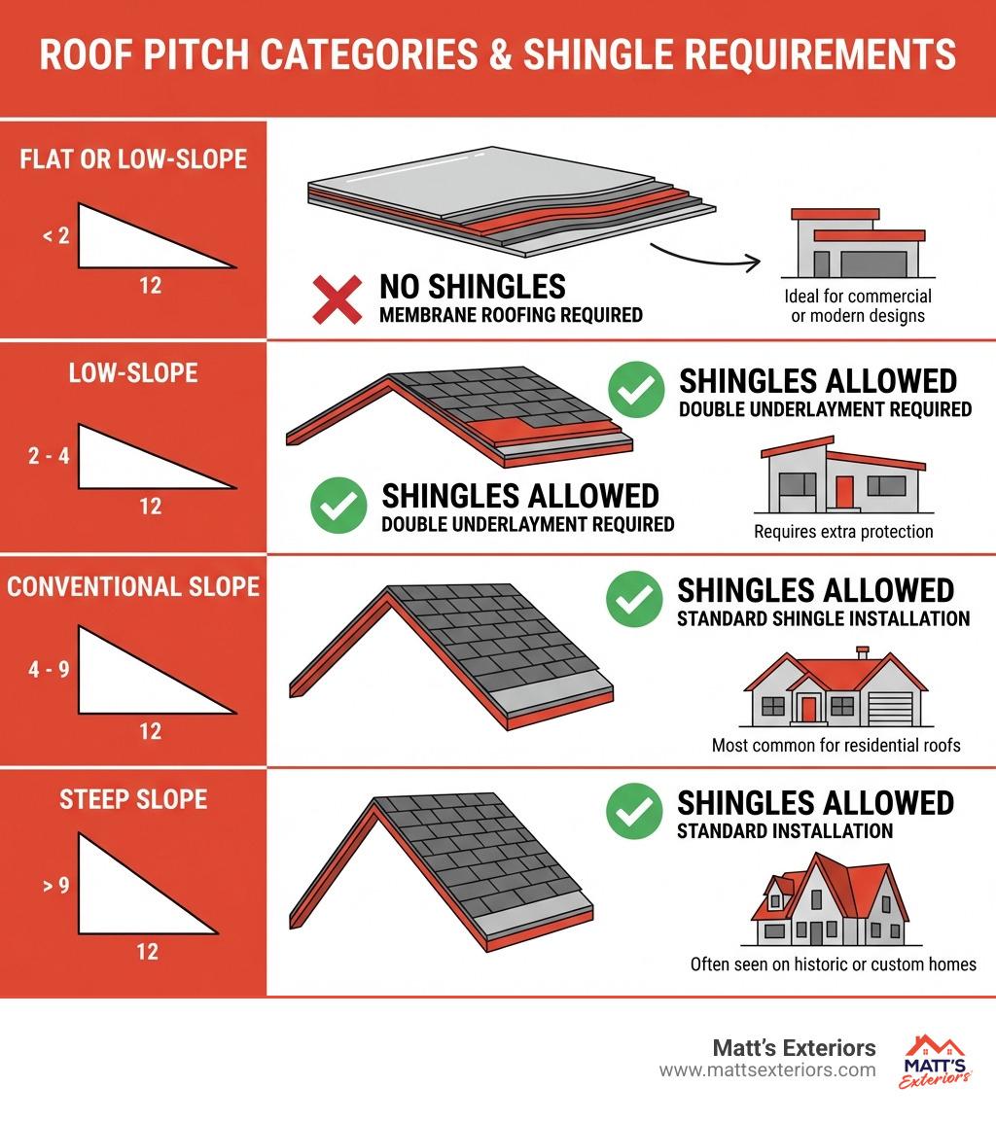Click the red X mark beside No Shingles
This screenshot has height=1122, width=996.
click(338, 299)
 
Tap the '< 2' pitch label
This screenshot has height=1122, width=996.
click(55, 235)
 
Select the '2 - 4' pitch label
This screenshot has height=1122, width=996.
click(49, 456)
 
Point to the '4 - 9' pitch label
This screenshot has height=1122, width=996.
click(49, 670)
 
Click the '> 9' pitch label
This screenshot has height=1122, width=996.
click(55, 886)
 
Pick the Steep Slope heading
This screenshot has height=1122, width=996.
click(133, 799)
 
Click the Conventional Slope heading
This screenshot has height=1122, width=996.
click(133, 586)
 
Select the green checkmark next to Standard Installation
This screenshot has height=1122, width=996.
click(634, 812)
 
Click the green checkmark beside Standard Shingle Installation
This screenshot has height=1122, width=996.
click(634, 599)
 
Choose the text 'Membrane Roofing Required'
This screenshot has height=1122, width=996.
click(511, 315)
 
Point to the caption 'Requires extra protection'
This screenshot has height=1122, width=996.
click(843, 532)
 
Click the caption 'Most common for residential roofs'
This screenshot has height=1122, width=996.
click(836, 746)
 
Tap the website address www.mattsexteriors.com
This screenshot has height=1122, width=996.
click(767, 1070)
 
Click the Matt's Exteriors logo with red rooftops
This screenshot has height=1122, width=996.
click(935, 1062)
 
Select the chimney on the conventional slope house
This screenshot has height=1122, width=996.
click(863, 652)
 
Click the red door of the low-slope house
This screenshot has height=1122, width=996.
click(844, 491)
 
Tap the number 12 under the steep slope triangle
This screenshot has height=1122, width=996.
click(148, 952)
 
